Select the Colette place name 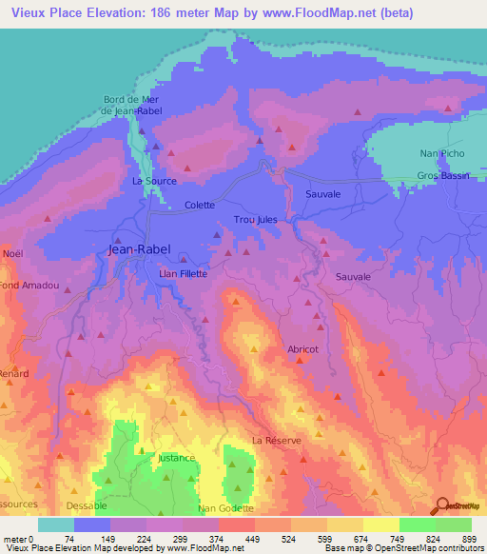(200, 205)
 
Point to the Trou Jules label (255, 220)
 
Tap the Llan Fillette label (182, 273)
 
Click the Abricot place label (309, 349)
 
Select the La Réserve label (277, 441)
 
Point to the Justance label (177, 458)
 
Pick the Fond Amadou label (29, 286)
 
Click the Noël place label (12, 253)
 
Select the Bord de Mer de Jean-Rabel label (133, 105)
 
